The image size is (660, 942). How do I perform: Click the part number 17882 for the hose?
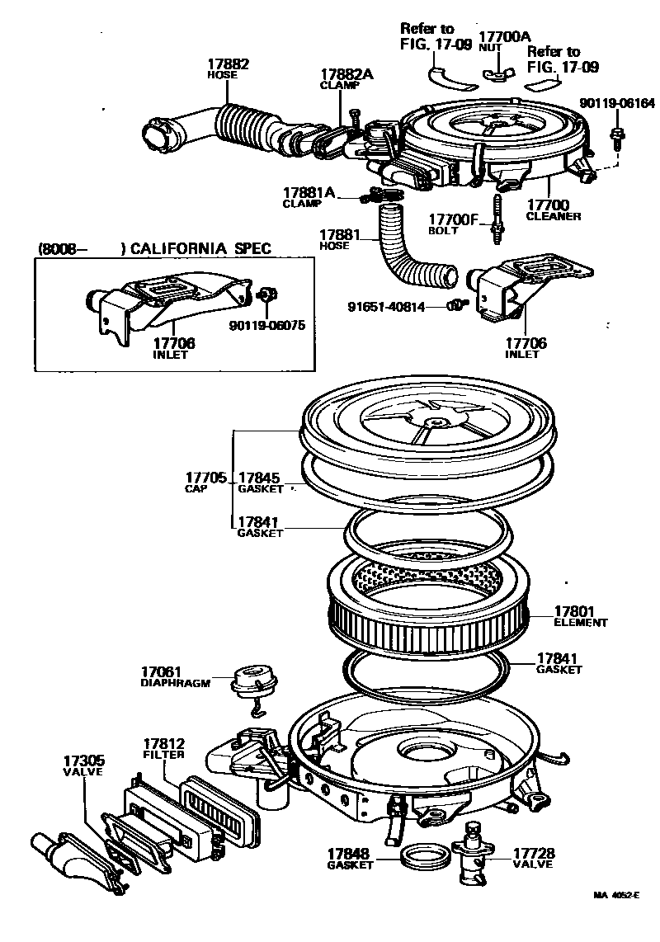click(228, 64)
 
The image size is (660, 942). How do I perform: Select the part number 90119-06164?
click(616, 103)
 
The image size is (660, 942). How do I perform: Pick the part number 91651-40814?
click(385, 307)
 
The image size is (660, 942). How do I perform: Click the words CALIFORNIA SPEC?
click(200, 248)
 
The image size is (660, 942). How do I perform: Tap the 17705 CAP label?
click(205, 478)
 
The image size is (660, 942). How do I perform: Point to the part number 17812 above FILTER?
click(163, 743)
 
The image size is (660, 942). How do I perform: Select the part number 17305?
click(83, 760)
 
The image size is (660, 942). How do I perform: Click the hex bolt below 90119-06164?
click(616, 135)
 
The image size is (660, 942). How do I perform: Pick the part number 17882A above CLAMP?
click(346, 74)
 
